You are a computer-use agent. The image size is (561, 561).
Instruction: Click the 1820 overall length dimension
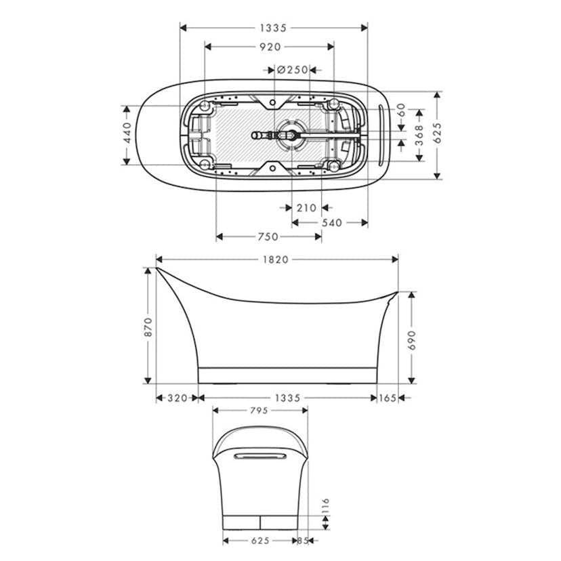[x=276, y=259]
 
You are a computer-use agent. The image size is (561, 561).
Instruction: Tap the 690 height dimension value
[x=411, y=339]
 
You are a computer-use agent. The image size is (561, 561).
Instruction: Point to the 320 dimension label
[x=177, y=398]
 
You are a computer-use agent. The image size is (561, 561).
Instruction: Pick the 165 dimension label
[x=388, y=398]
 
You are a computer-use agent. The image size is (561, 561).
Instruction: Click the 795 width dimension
[x=259, y=410]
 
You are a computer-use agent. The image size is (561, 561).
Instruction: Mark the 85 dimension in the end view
[x=304, y=541]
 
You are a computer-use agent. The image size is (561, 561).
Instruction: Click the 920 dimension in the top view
[x=269, y=47]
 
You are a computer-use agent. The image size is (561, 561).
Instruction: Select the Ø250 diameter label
[x=293, y=70]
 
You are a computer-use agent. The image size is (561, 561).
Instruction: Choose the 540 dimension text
[x=331, y=222]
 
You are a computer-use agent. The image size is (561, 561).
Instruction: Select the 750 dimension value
[x=268, y=236]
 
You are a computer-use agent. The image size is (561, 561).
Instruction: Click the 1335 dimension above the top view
[x=274, y=28]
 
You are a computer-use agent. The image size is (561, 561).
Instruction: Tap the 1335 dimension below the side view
[x=287, y=398]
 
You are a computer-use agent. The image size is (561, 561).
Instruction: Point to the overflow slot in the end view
[x=261, y=457]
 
